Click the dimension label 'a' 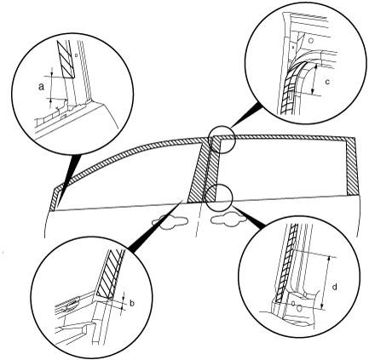point(42,87)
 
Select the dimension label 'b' point(132,304)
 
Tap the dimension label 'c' point(327,82)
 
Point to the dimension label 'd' point(335,287)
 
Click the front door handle point(170,221)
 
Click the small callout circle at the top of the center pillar point(222,140)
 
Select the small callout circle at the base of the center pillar point(219,197)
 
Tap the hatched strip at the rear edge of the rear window point(351,166)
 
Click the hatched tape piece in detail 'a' point(66,59)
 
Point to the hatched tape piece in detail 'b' point(110,274)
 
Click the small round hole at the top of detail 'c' point(311,41)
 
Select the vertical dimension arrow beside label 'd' point(326,283)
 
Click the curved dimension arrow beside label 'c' point(314,79)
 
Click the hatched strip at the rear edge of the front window point(199,170)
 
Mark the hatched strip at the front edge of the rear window point(216,169)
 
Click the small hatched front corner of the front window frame point(55,199)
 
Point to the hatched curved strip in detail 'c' point(290,87)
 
